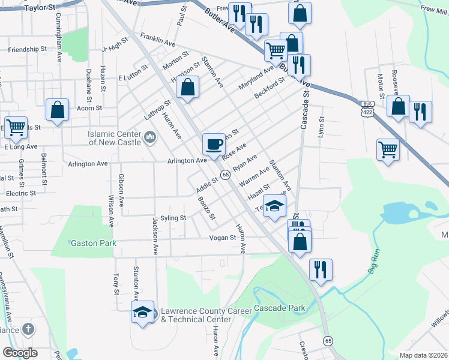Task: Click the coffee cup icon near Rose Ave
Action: (214, 144)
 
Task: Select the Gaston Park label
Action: (92, 243)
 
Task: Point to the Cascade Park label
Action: (279, 308)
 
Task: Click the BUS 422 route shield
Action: (367, 107)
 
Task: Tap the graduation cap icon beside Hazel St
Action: (275, 206)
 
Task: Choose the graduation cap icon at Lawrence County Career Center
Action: (142, 312)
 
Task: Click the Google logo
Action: (20, 353)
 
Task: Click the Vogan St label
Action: (222, 238)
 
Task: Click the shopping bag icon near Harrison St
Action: (188, 87)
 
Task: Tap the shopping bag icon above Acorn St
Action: (57, 110)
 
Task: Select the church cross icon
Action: (28, 329)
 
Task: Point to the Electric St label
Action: (21, 193)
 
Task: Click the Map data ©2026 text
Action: (422, 355)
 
